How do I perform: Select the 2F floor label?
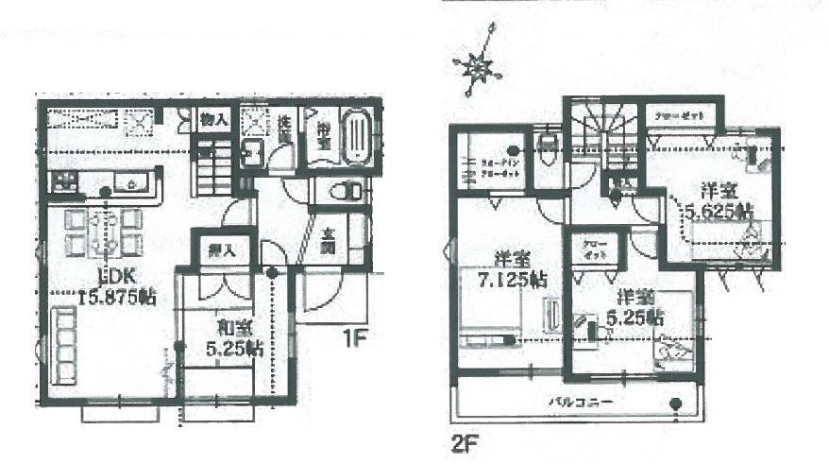pos(461,440)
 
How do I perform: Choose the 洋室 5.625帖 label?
pos(719,199)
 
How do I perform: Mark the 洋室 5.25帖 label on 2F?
pos(630,305)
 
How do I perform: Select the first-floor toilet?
pos(338,191)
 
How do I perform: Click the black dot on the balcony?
pos(676,406)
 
